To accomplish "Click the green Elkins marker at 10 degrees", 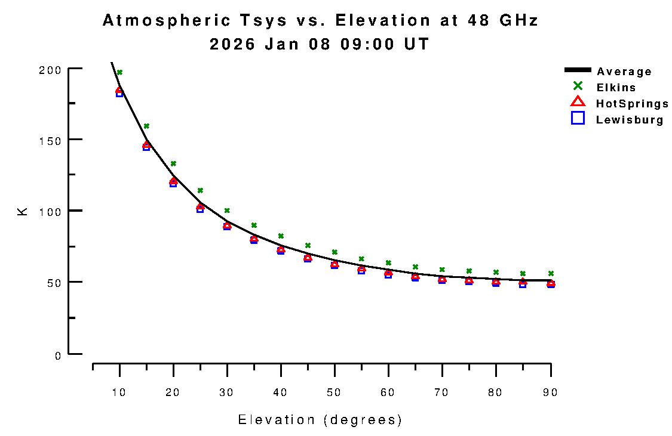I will point(119,72).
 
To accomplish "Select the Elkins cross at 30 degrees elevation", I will point(227,211).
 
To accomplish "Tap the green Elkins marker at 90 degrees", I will point(551,273).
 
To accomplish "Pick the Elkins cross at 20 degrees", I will point(173,163).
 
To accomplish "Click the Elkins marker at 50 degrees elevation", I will point(335,252).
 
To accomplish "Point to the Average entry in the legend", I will point(624,72).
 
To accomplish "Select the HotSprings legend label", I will point(632,104).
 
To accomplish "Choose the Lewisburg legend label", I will point(630,120).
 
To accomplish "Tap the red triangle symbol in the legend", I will point(578,102).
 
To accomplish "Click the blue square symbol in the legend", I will point(578,118).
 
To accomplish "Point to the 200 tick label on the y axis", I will point(54,70).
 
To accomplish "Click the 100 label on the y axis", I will point(54,211).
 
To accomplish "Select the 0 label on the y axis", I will point(58,356).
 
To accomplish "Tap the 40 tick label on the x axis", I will point(281,392).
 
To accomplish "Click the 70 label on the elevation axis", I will point(442,392).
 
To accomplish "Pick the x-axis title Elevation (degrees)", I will point(320,420).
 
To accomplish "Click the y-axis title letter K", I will point(23,211).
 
